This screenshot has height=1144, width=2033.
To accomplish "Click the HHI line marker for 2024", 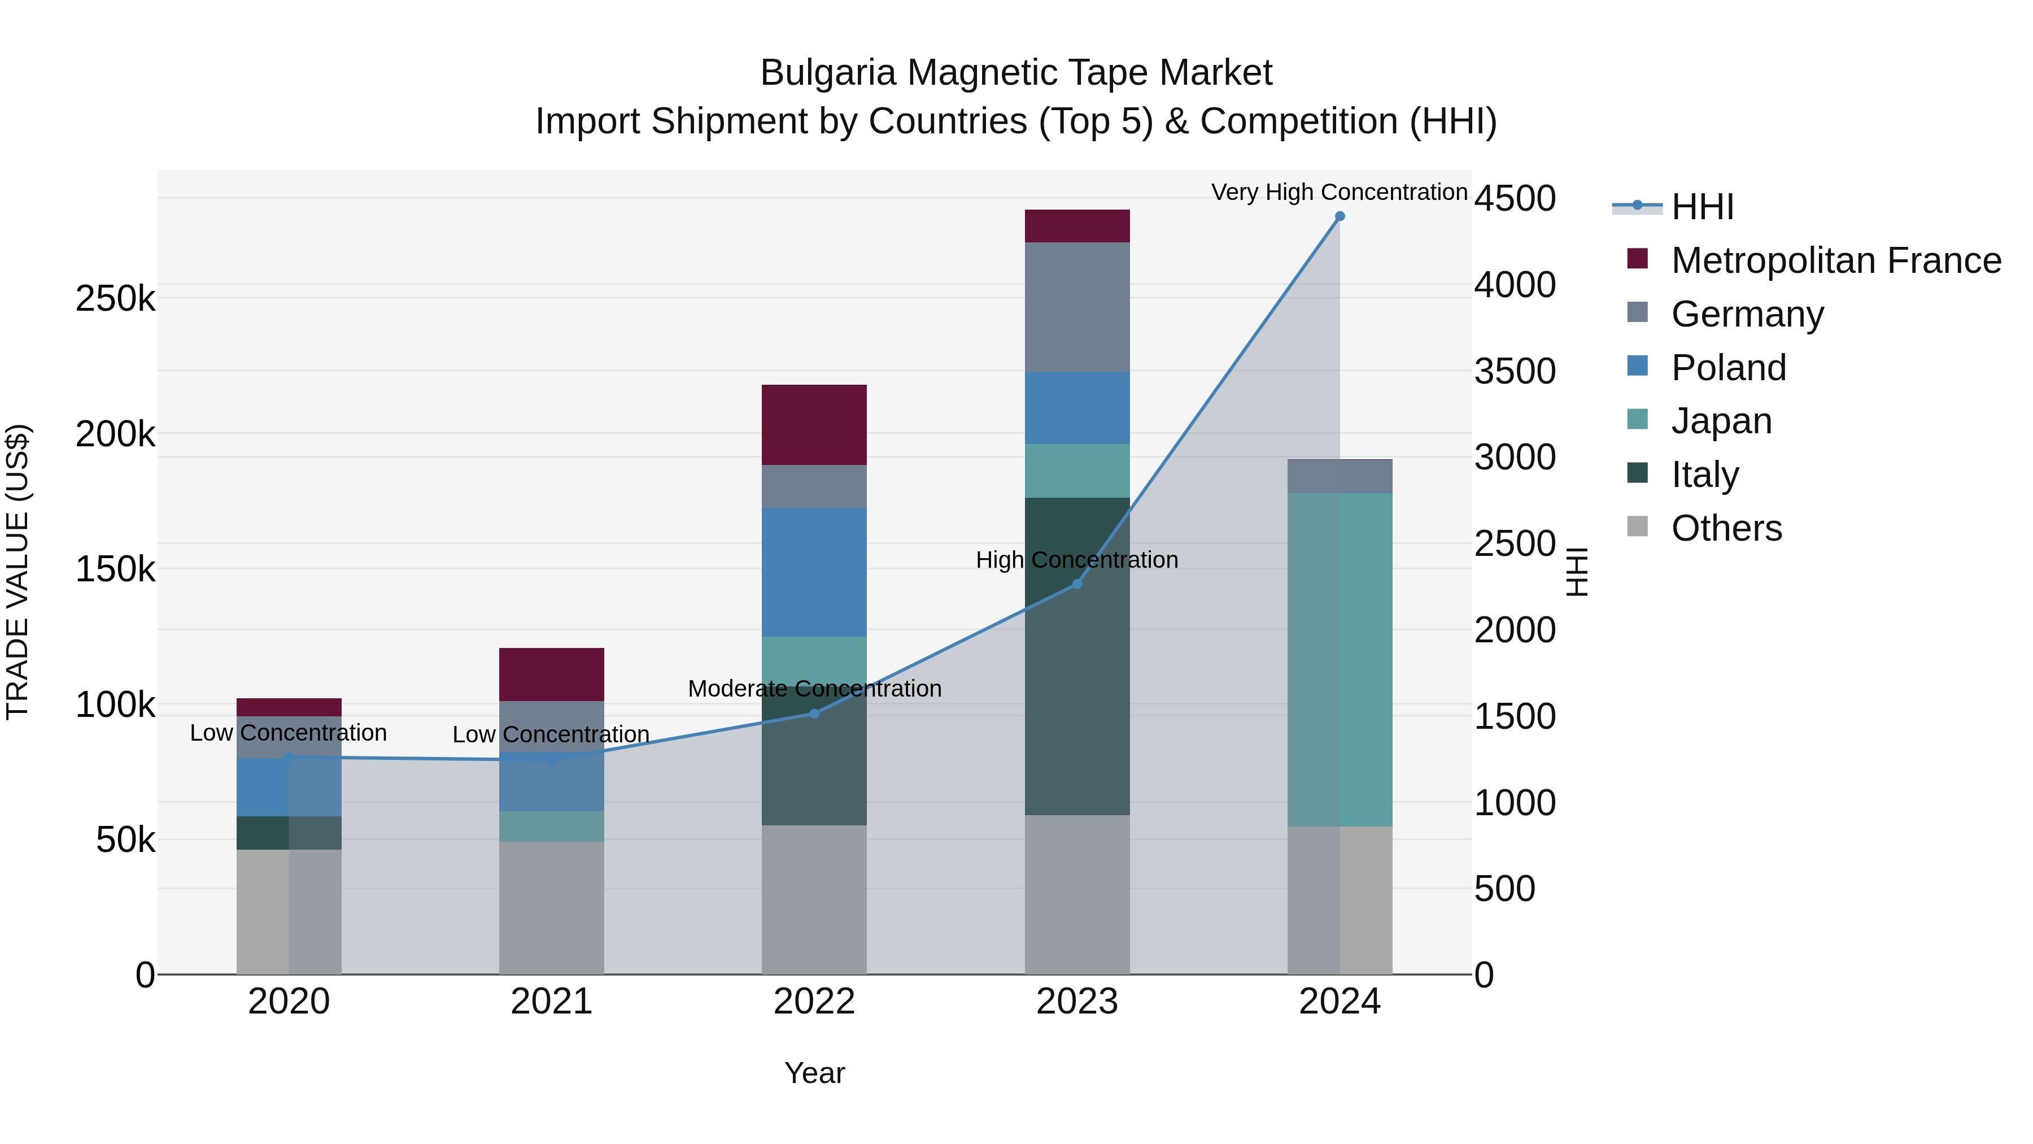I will point(1340,216).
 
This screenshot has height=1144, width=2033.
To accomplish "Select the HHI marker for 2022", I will point(814,714).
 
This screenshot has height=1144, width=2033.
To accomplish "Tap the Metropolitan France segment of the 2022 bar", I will point(814,425).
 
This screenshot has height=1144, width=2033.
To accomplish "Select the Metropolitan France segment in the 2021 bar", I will point(552,674).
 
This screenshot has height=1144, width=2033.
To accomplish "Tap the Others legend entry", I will point(1725,528).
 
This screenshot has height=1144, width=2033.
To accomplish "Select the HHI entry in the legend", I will point(1702,207).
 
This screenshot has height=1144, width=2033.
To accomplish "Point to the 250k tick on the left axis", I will point(115,299).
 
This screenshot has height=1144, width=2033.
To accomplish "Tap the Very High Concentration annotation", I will point(1340,192).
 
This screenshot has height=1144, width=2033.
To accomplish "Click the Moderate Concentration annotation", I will point(814,689).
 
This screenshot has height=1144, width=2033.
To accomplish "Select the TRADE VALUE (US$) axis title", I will point(18,572).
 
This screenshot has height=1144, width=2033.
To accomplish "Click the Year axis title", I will point(814,1073).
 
